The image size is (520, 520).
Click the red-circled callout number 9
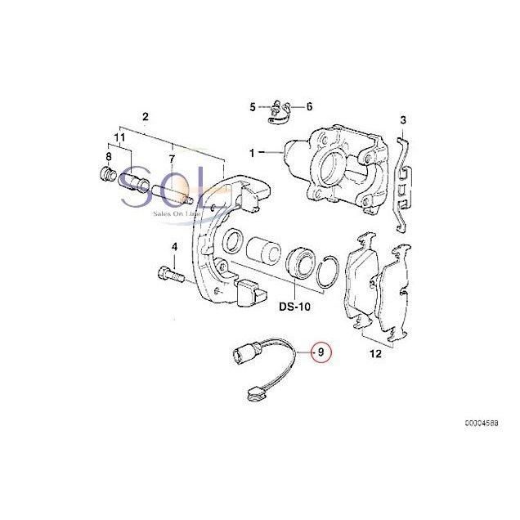pyautogui.click(x=321, y=352)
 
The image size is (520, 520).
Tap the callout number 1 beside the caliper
pyautogui.click(x=253, y=151)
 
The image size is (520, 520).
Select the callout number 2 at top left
pyautogui.click(x=145, y=116)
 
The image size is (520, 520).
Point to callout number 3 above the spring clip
pyautogui.click(x=403, y=121)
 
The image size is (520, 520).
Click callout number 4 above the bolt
pyautogui.click(x=173, y=246)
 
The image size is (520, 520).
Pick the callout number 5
pyautogui.click(x=253, y=107)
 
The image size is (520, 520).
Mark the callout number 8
pyautogui.click(x=108, y=157)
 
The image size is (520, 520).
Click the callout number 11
pyautogui.click(x=119, y=140)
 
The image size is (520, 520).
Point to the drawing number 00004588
pyautogui.click(x=482, y=447)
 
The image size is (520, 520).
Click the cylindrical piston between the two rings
pyautogui.click(x=264, y=249)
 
